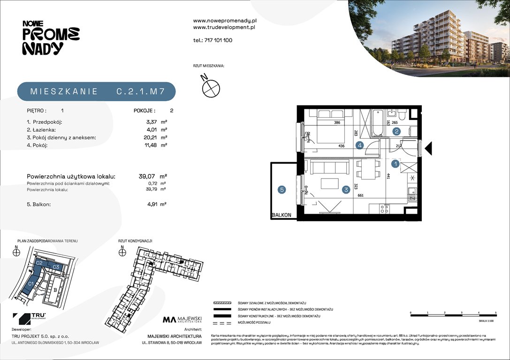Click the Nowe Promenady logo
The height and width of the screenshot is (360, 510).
pyautogui.click(x=51, y=37)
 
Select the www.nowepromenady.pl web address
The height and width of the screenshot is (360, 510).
pyautogui.click(x=225, y=21)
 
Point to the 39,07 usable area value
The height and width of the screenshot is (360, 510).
pyautogui.click(x=148, y=176)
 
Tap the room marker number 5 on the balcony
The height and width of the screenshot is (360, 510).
pyautogui.click(x=282, y=190)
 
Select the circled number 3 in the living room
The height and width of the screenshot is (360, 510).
pyautogui.click(x=346, y=190)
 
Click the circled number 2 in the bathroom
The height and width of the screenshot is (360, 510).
pyautogui.click(x=396, y=132)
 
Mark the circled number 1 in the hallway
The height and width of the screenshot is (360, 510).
pyautogui.click(x=396, y=164)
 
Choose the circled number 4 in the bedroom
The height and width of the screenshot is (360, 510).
pyautogui.click(x=359, y=145)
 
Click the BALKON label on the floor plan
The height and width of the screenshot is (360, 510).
pyautogui.click(x=282, y=215)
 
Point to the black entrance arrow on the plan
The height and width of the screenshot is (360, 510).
pyautogui.click(x=427, y=149)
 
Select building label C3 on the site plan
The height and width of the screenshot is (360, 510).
pyautogui.click(x=55, y=267)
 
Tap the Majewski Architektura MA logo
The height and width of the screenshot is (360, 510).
pyautogui.click(x=182, y=320)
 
